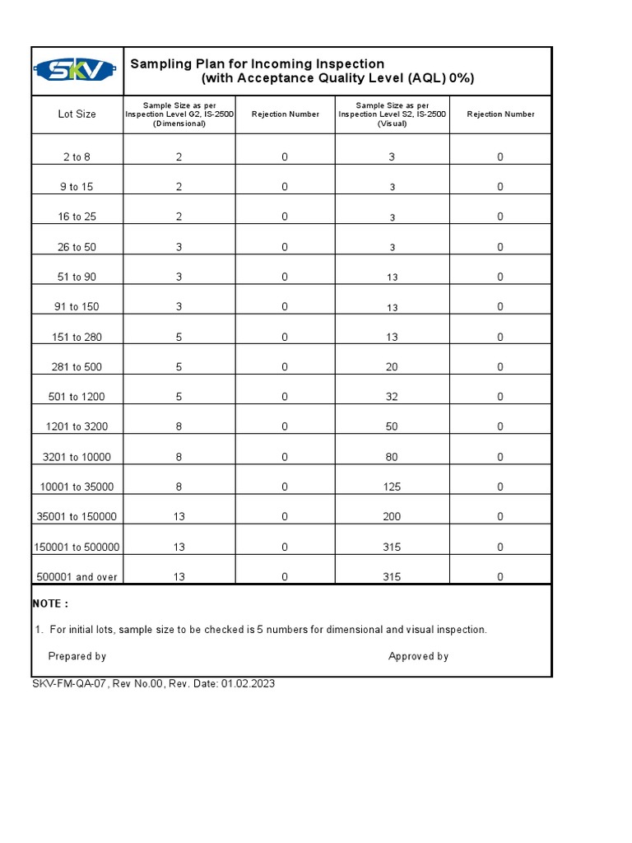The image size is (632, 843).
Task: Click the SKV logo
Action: point(77,71)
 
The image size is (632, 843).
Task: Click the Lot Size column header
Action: point(77,114)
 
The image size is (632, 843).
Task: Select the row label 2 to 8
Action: point(77,157)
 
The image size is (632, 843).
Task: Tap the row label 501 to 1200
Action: point(77,397)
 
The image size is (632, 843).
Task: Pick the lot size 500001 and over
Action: point(77,577)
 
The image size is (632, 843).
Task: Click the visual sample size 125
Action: point(392,487)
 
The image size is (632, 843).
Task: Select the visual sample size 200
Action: point(392,517)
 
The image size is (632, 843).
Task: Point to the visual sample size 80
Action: point(392,457)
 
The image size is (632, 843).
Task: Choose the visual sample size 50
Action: point(392,427)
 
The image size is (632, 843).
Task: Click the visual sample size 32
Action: point(392,397)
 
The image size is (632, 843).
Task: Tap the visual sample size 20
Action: point(392,367)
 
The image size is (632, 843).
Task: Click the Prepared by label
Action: point(77,656)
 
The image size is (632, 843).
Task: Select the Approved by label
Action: point(418,656)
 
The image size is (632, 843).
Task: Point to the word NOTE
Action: point(50,603)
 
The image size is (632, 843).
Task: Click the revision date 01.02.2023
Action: point(248,684)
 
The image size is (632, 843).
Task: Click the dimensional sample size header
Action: point(179,114)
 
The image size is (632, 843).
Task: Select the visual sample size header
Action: point(392,114)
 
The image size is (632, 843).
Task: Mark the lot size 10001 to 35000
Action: point(77,487)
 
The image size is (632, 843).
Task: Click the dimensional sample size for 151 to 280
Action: point(179,337)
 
